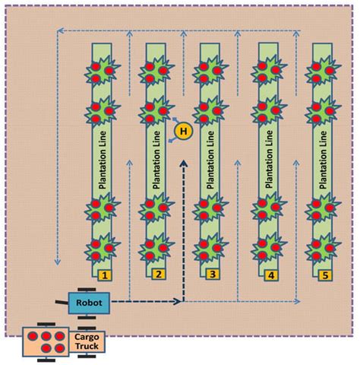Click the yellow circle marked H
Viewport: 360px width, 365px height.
click(182, 132)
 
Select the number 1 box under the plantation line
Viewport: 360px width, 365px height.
click(106, 275)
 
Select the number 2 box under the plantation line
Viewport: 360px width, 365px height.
click(158, 275)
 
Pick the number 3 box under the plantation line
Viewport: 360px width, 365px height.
click(213, 275)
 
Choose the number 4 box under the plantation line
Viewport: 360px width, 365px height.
click(270, 275)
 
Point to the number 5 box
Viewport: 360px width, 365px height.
click(324, 275)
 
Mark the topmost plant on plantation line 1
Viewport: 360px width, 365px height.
click(103, 71)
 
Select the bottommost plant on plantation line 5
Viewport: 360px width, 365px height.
click(322, 247)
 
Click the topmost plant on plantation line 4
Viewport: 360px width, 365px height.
click(267, 71)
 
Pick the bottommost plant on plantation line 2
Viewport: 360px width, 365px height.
click(156, 247)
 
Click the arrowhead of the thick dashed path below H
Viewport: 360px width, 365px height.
click(182, 161)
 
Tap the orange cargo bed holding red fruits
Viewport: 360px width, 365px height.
click(45, 341)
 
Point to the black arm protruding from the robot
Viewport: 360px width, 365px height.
click(59, 303)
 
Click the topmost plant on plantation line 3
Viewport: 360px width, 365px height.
click(210, 71)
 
